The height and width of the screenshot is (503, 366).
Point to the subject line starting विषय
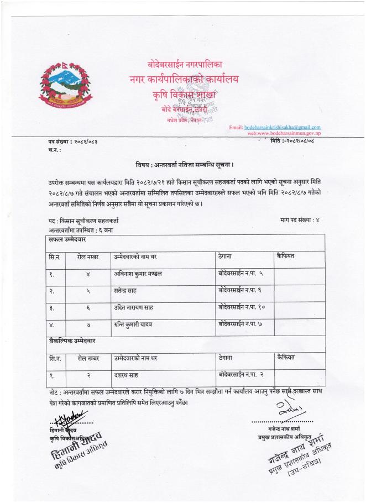(x=182, y=164)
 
